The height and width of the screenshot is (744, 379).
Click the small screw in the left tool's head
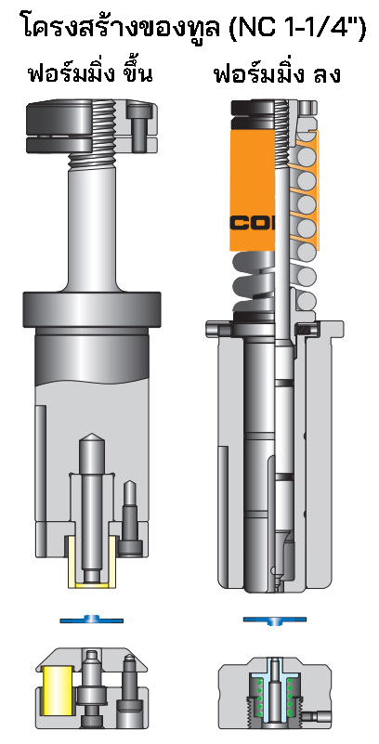point(141,125)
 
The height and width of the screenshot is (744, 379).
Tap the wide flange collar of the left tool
point(90,307)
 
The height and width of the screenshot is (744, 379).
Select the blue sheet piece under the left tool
point(91,619)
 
